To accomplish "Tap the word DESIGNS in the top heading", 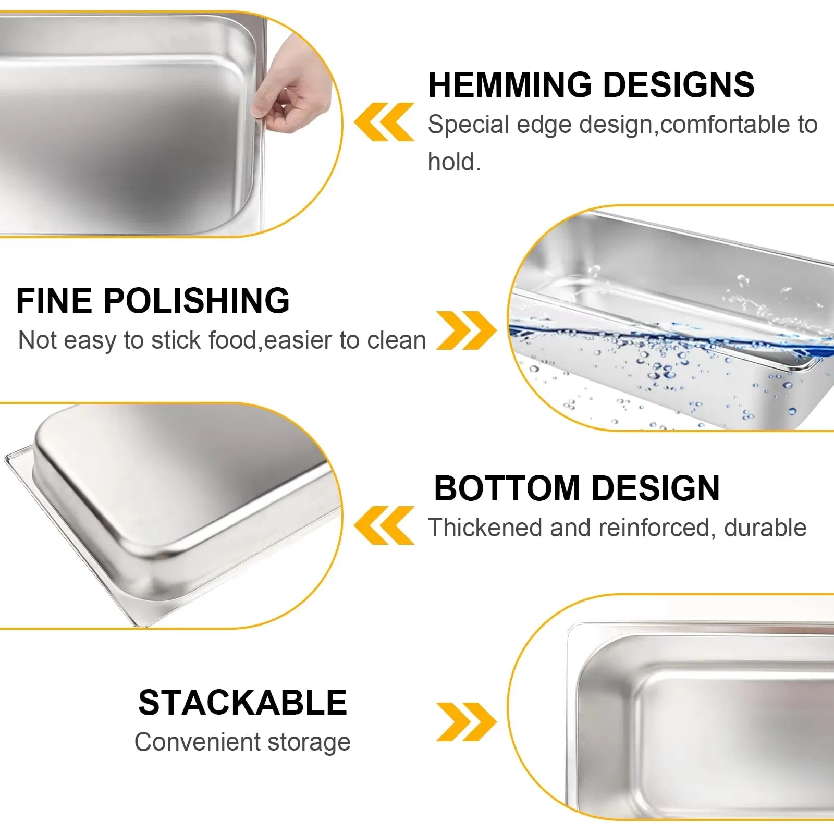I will [678, 85].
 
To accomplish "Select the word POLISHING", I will [196, 301].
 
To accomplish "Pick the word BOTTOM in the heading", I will [507, 488].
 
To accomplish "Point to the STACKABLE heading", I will [242, 703].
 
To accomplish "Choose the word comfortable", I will [725, 125].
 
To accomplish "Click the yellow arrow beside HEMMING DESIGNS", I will [384, 122].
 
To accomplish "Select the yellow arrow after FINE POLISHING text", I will [466, 330].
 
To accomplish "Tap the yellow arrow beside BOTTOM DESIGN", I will [384, 525].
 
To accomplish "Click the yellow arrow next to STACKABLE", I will [466, 722].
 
